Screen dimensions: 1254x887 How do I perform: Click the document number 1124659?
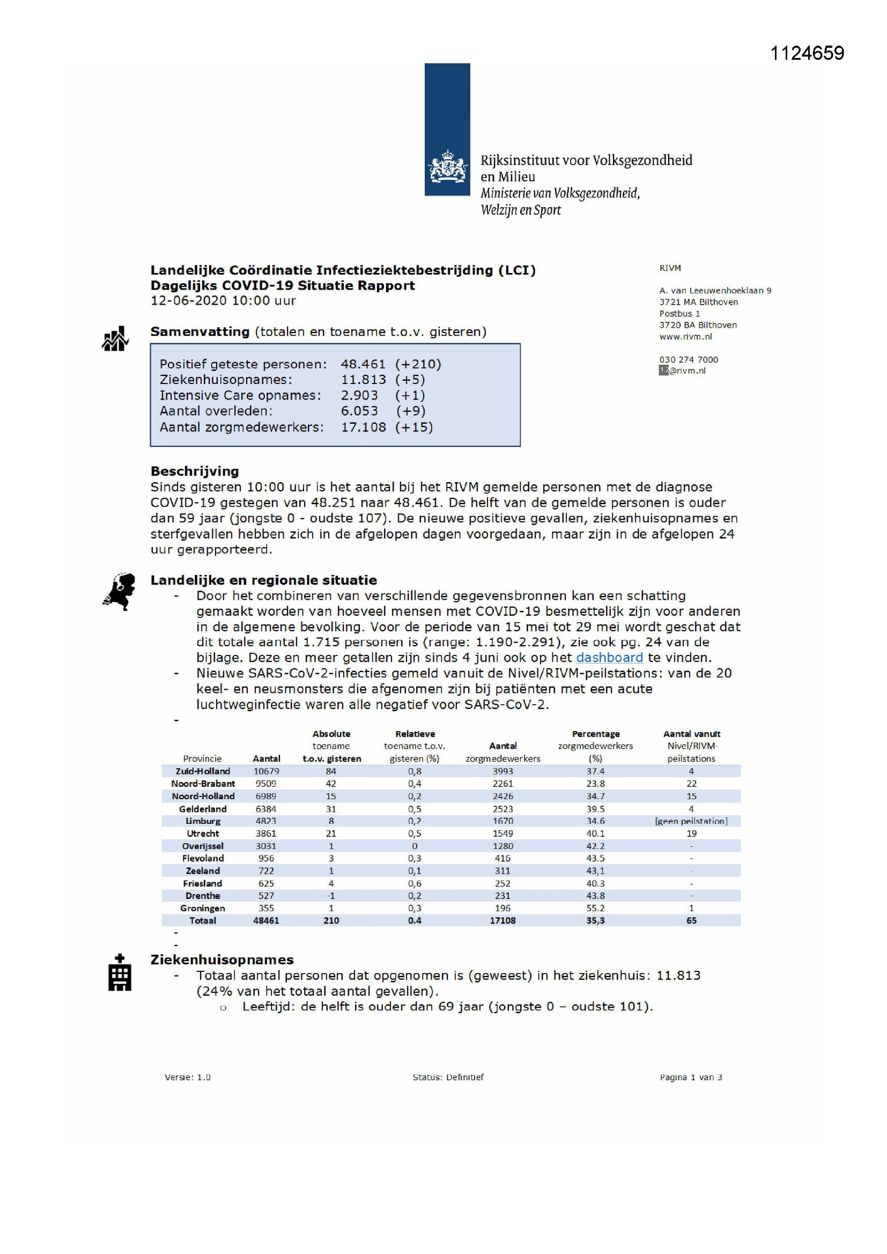click(807, 53)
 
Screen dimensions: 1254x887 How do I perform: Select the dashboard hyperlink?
click(609, 658)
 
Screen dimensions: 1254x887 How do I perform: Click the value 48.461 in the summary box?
click(363, 364)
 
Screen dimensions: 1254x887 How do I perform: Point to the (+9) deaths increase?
click(411, 411)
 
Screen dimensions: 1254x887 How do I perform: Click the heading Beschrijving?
click(195, 471)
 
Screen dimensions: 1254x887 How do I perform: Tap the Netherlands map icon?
click(120, 592)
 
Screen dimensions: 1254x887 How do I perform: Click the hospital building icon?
click(120, 973)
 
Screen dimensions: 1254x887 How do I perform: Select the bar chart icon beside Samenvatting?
click(115, 339)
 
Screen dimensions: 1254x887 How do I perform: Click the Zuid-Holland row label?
click(203, 771)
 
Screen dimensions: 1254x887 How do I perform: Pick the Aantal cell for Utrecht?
click(266, 833)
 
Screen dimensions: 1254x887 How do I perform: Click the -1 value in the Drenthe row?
click(331, 896)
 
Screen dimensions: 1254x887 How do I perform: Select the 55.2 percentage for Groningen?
click(595, 908)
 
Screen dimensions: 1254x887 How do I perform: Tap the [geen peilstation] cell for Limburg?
click(691, 821)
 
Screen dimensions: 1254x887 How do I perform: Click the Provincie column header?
click(202, 758)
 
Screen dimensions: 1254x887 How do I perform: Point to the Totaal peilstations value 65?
click(691, 921)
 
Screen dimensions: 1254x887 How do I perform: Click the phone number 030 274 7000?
click(688, 359)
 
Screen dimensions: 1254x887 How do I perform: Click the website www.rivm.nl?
click(685, 336)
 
